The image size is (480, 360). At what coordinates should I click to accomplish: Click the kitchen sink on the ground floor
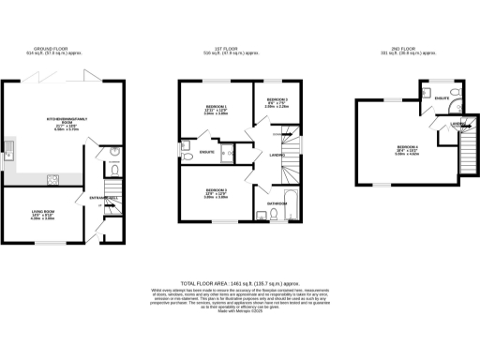point(8,147)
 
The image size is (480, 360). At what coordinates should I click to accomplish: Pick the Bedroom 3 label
point(216,193)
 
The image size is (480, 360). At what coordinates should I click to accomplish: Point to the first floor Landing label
point(276,155)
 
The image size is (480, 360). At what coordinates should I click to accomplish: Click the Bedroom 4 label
point(406,150)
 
